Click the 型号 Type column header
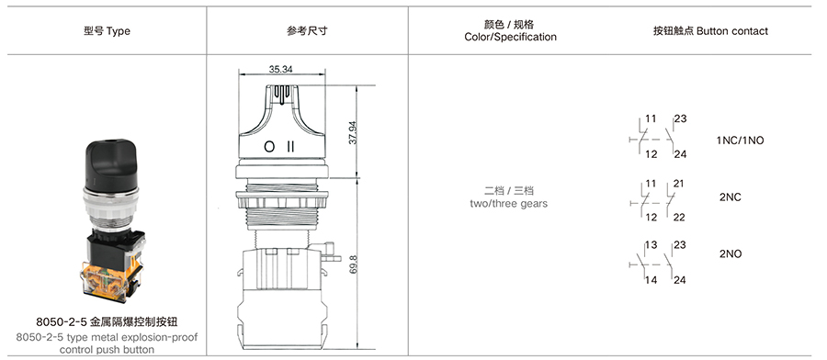107,30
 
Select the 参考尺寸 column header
307,30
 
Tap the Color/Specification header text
510,37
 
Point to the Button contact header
710,31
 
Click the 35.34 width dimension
280,69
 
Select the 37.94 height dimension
353,133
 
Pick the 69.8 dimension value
353,264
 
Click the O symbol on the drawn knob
269,147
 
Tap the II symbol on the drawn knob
290,147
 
